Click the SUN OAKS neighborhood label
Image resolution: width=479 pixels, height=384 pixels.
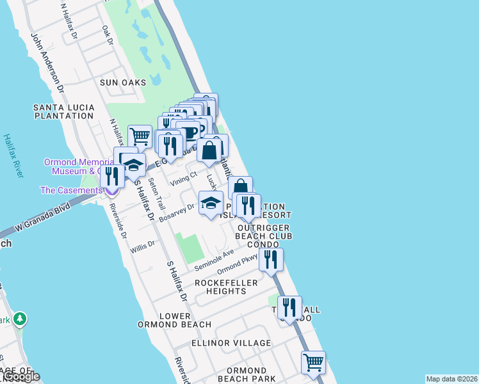(123, 83)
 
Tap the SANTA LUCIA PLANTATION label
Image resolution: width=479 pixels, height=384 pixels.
(64, 111)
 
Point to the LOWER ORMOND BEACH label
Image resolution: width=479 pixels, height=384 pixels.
(165, 320)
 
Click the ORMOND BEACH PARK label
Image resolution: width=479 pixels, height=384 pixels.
(247, 375)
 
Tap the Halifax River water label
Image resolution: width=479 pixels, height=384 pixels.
(8, 156)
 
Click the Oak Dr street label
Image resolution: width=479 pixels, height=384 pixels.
(107, 35)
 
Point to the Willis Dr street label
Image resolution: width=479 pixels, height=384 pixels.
(142, 244)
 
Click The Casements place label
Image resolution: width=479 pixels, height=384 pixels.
(70, 190)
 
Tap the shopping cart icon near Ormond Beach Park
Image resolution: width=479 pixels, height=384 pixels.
(313, 362)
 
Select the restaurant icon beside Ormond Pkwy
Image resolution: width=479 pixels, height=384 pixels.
(272, 259)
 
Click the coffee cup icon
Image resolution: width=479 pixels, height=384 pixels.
(188, 132)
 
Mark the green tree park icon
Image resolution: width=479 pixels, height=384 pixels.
(20, 317)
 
